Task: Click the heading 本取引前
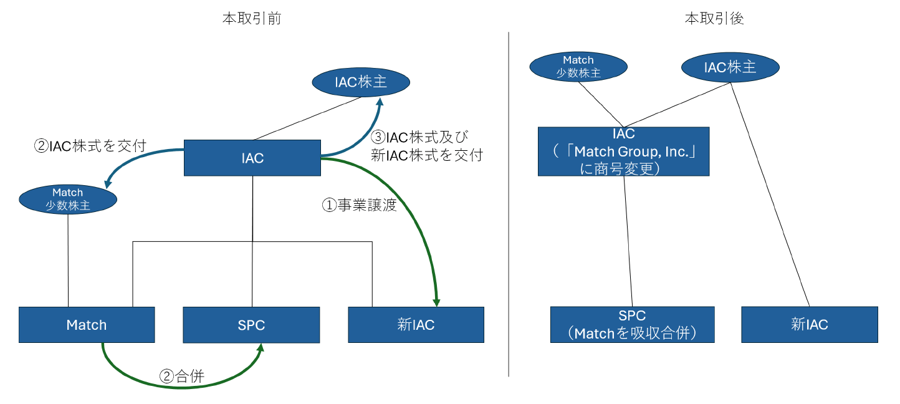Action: click(x=252, y=19)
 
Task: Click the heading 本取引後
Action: click(x=714, y=19)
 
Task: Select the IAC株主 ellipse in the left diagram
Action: click(x=361, y=82)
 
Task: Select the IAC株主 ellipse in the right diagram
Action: click(x=730, y=67)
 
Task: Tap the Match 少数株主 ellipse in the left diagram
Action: click(x=68, y=199)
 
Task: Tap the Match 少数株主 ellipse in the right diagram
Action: click(x=578, y=67)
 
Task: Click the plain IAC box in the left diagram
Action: click(x=252, y=158)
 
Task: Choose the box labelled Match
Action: click(x=87, y=324)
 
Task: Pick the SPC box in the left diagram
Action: click(x=251, y=324)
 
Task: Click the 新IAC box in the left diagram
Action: click(x=416, y=324)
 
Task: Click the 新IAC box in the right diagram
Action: click(x=809, y=324)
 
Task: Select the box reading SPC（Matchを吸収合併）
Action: click(x=632, y=324)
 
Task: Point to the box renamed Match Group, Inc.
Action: click(x=623, y=151)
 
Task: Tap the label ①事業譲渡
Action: click(x=359, y=205)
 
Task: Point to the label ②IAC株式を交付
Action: click(x=90, y=146)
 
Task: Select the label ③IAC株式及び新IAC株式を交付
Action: click(x=426, y=147)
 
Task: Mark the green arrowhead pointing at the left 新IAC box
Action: click(x=437, y=302)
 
